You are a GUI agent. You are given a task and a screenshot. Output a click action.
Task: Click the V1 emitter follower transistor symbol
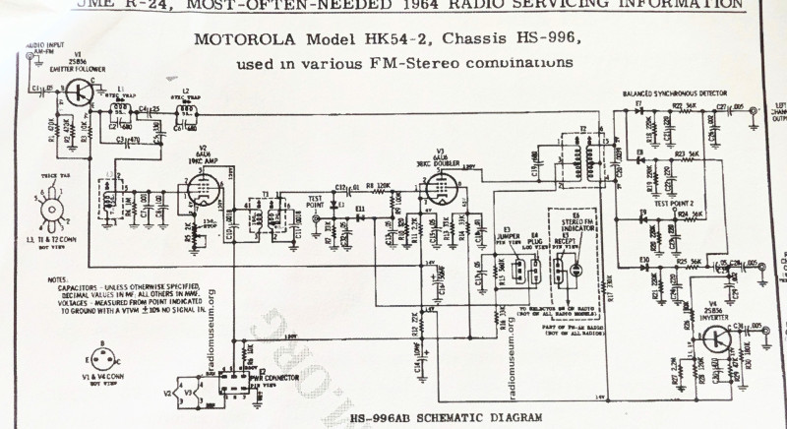(80, 93)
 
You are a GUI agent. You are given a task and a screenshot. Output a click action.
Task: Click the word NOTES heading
(58, 278)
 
